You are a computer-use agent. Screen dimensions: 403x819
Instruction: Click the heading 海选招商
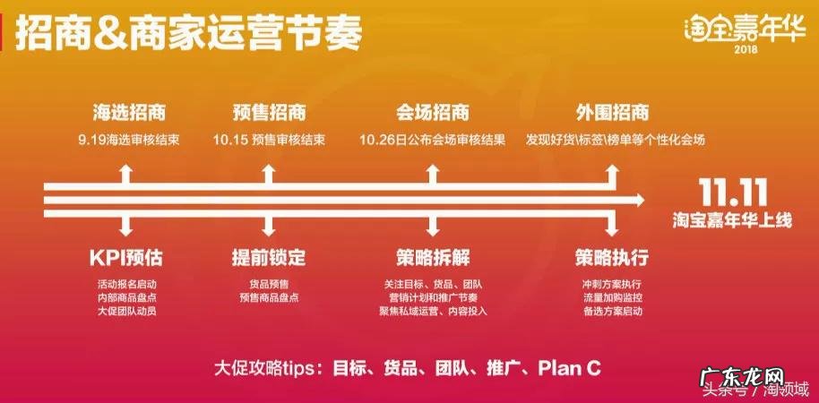point(130,114)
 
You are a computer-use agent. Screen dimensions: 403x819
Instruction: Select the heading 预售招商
point(269,114)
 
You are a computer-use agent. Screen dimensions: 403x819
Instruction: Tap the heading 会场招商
point(432,114)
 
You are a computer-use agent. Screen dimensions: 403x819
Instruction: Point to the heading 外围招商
point(612,114)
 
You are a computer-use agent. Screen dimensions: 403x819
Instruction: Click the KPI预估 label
point(126,258)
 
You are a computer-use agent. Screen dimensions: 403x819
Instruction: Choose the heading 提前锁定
point(269,258)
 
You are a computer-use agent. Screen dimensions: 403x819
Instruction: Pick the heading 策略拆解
point(432,258)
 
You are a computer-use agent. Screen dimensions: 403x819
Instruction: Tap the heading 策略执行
point(612,258)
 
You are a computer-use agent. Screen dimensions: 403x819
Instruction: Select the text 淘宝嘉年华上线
point(731,217)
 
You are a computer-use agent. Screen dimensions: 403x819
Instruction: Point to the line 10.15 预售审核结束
point(269,141)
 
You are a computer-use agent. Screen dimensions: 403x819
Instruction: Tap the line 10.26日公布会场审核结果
point(432,141)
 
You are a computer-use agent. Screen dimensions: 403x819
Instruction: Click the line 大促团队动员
point(126,311)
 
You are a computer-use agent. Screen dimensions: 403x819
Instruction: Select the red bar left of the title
point(7,34)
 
